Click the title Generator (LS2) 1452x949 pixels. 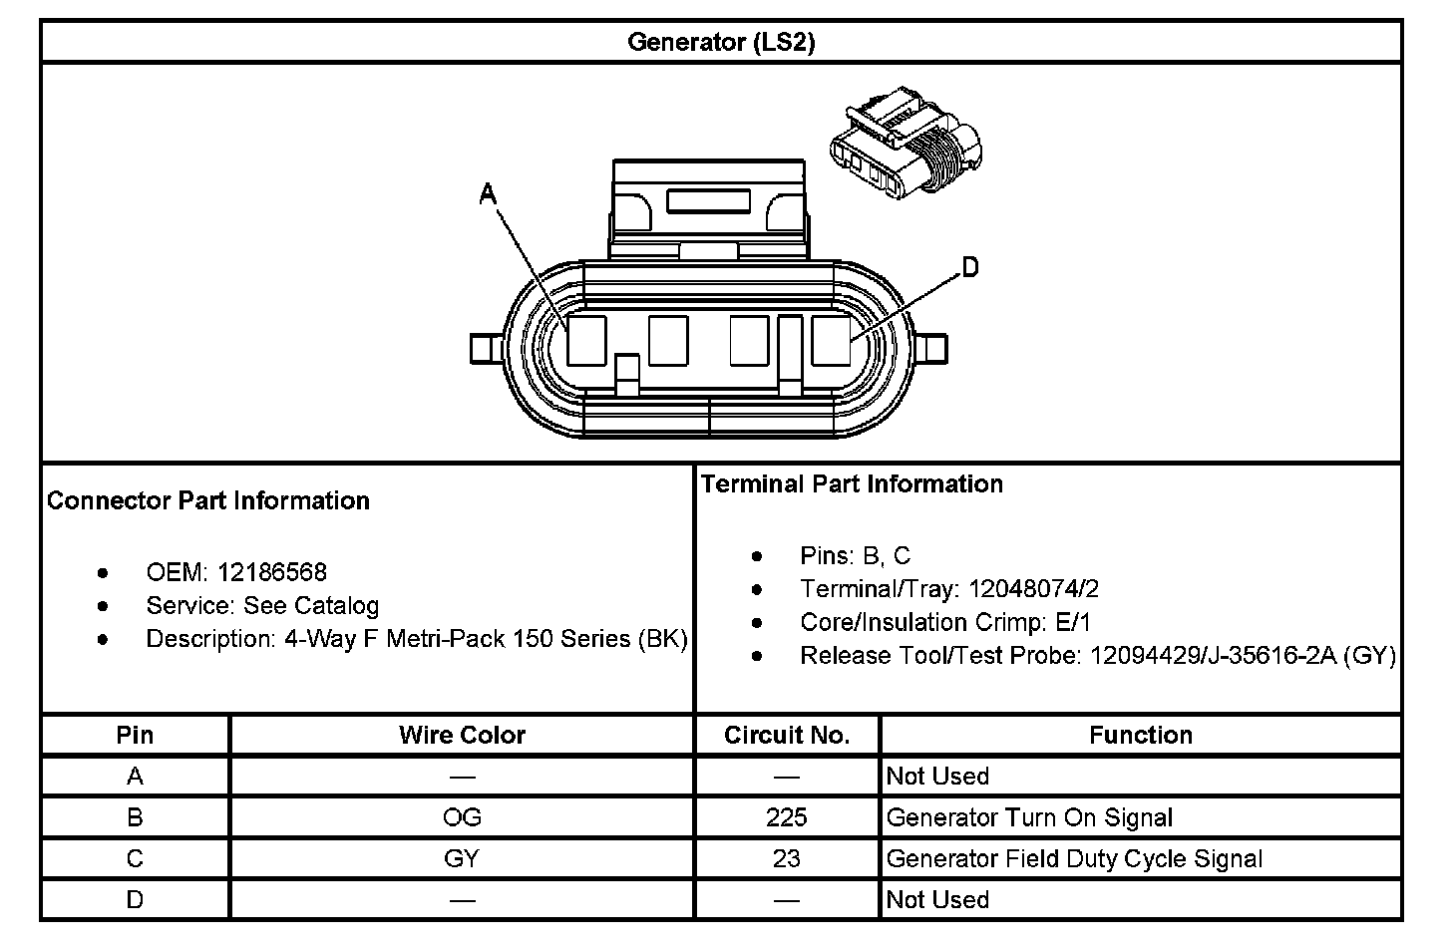point(720,42)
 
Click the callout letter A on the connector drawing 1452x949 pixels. point(488,193)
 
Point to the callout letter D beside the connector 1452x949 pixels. point(969,267)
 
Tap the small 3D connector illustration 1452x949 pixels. point(905,142)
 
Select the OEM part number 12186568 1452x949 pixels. point(271,572)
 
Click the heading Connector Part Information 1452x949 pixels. point(208,500)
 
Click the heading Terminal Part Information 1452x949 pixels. point(852,483)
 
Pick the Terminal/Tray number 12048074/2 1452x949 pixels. point(1034,589)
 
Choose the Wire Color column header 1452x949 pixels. point(462,735)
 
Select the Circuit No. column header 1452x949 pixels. point(787,735)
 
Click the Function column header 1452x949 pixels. point(1140,735)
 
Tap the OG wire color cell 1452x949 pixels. point(462,817)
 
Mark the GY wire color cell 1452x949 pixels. point(462,858)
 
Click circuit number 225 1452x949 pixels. point(787,817)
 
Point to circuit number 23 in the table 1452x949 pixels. point(787,858)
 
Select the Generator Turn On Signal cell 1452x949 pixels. point(1029,817)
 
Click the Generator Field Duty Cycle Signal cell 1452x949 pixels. point(1074,858)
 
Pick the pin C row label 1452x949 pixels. point(135,858)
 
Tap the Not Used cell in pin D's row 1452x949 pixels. point(937,899)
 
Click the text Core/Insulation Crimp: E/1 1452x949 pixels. point(945,622)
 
